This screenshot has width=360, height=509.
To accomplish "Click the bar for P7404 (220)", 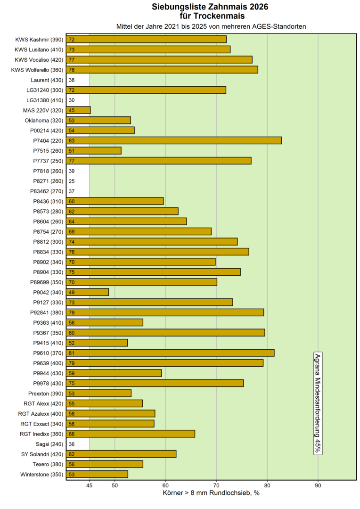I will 174,140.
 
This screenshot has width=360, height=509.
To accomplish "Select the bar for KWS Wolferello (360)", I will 163,70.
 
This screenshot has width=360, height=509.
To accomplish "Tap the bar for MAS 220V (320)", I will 79,110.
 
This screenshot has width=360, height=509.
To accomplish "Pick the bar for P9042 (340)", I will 88,292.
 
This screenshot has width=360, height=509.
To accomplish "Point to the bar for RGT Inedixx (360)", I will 131,434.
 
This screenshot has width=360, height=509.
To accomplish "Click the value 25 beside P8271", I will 72,181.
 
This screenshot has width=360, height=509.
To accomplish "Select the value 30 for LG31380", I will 72,100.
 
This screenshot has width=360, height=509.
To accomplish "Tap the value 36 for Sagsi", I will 72,444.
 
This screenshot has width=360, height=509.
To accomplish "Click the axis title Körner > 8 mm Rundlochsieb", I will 211,493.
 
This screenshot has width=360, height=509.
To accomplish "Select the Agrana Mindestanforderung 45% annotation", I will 318,403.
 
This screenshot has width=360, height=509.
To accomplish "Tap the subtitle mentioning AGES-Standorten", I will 211,26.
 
